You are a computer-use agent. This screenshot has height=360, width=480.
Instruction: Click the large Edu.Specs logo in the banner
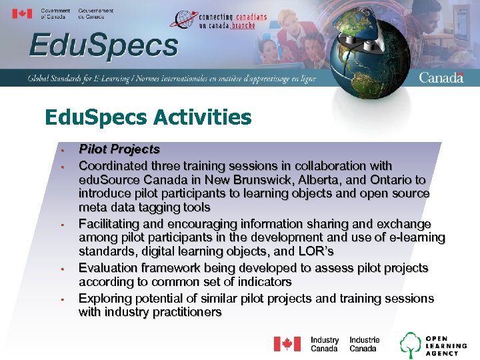(x=103, y=47)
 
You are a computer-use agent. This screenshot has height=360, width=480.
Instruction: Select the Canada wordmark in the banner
(x=441, y=77)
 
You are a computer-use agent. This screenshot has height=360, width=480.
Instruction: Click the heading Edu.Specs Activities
(x=148, y=118)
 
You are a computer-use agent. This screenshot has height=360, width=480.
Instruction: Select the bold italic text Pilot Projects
(x=119, y=149)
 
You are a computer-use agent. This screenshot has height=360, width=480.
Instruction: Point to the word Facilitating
(x=110, y=224)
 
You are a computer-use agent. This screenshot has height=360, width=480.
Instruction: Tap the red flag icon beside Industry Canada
(x=287, y=344)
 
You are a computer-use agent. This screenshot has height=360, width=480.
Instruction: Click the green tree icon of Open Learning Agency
(x=410, y=344)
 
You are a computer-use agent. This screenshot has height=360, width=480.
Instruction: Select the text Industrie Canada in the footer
(x=364, y=344)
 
